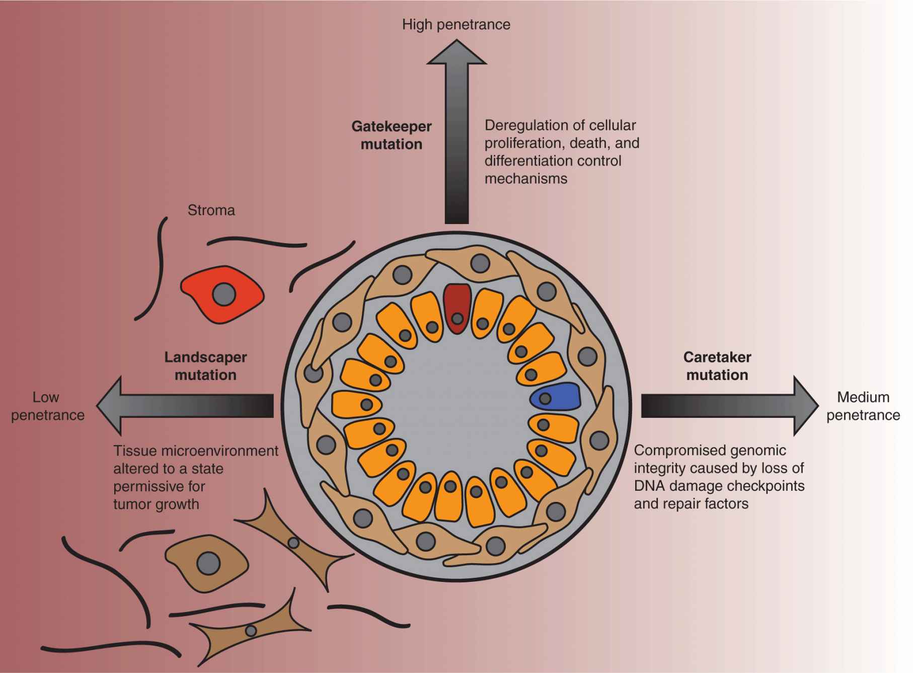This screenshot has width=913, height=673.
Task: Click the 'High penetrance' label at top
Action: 456,25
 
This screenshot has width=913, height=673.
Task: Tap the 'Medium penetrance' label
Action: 863,406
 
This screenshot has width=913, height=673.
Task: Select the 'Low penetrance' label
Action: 47,406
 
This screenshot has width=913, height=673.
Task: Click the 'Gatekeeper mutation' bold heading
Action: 391,135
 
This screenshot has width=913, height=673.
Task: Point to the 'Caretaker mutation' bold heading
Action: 717,366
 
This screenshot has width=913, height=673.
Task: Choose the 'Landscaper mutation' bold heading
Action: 205,366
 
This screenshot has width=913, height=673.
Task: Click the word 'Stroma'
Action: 211,210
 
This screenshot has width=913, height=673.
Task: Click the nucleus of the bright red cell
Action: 224,294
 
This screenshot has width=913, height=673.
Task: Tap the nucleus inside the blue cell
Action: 545,399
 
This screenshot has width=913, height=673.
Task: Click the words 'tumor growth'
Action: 156,504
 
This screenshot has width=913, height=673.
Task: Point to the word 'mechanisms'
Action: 525,179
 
